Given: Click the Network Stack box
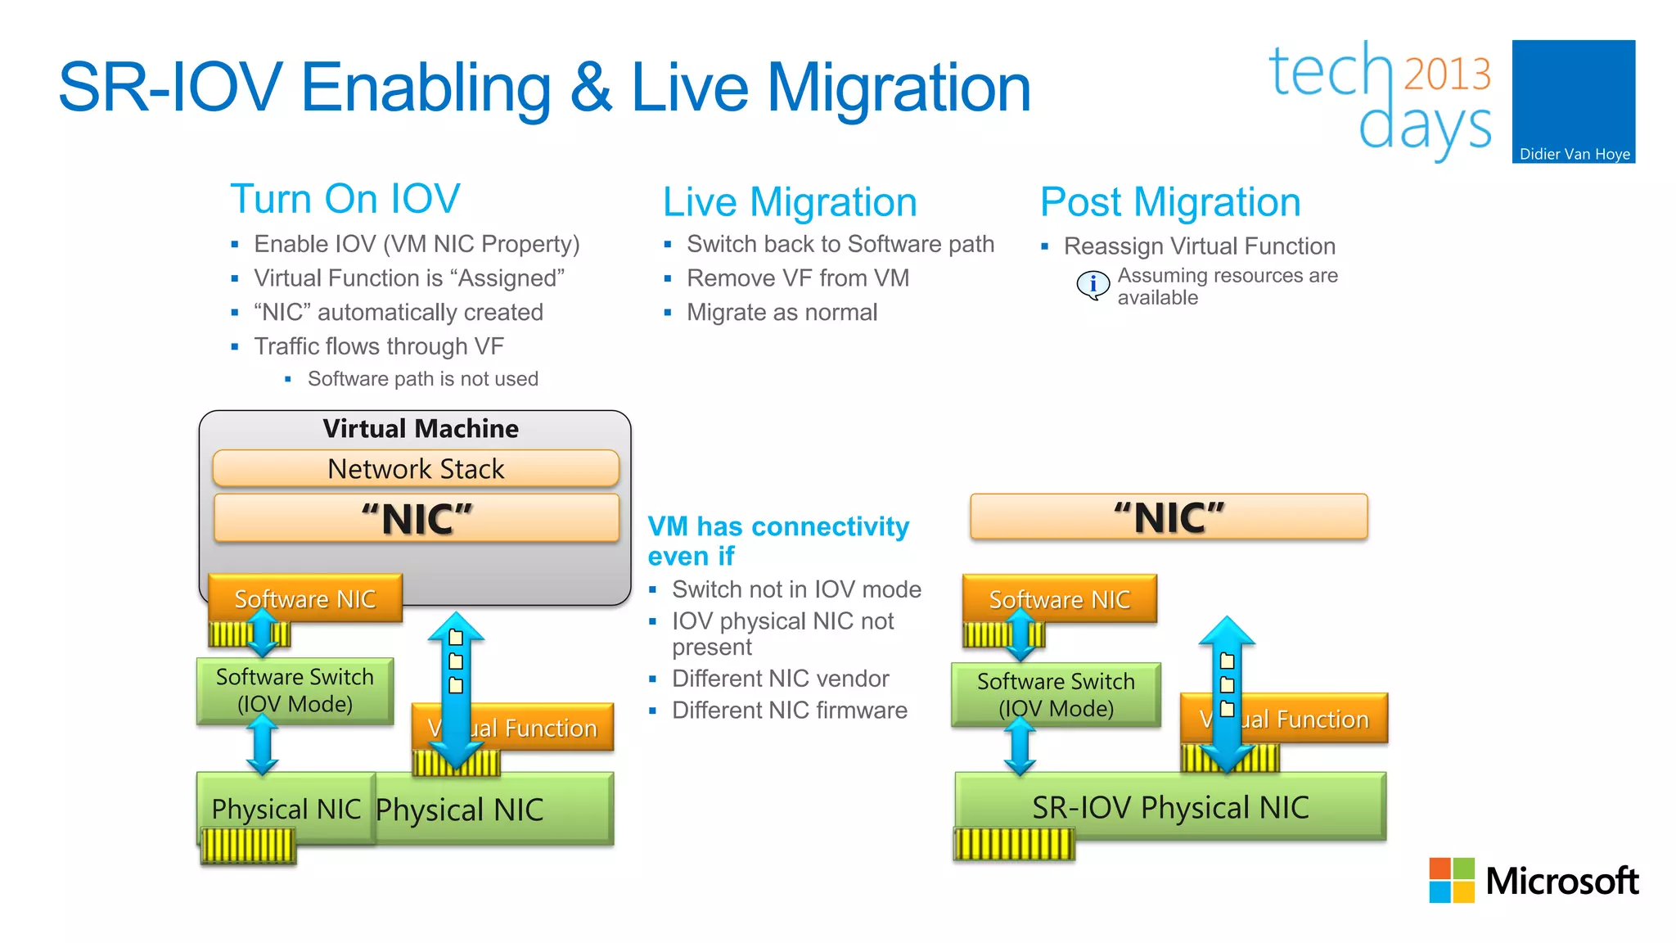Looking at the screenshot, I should click(x=416, y=469).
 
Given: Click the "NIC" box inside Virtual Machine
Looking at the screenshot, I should click(x=416, y=519).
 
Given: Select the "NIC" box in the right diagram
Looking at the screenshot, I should click(x=1169, y=517).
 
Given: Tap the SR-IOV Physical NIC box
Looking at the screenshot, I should click(x=1170, y=807).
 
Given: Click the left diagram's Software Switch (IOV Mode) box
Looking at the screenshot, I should click(x=295, y=690).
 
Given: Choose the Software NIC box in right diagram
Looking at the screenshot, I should click(x=1059, y=599).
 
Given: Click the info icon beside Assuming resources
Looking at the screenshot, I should click(x=1093, y=284).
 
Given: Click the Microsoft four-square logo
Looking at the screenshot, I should click(x=1451, y=880).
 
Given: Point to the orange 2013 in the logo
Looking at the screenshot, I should click(x=1447, y=74).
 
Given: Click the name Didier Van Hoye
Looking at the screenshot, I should click(x=1574, y=154).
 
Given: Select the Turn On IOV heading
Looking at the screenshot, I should click(x=345, y=199).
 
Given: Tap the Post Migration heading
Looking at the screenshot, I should click(x=1169, y=202).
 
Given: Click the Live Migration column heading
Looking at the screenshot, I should click(x=789, y=202).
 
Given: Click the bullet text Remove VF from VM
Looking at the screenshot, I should click(x=797, y=278).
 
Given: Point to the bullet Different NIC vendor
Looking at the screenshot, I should click(x=780, y=679).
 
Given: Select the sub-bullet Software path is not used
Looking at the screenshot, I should click(x=422, y=379).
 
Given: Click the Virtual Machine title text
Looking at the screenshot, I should click(x=420, y=428).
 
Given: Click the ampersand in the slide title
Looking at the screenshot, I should click(x=591, y=88).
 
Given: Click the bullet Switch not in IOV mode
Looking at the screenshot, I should click(x=795, y=589).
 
